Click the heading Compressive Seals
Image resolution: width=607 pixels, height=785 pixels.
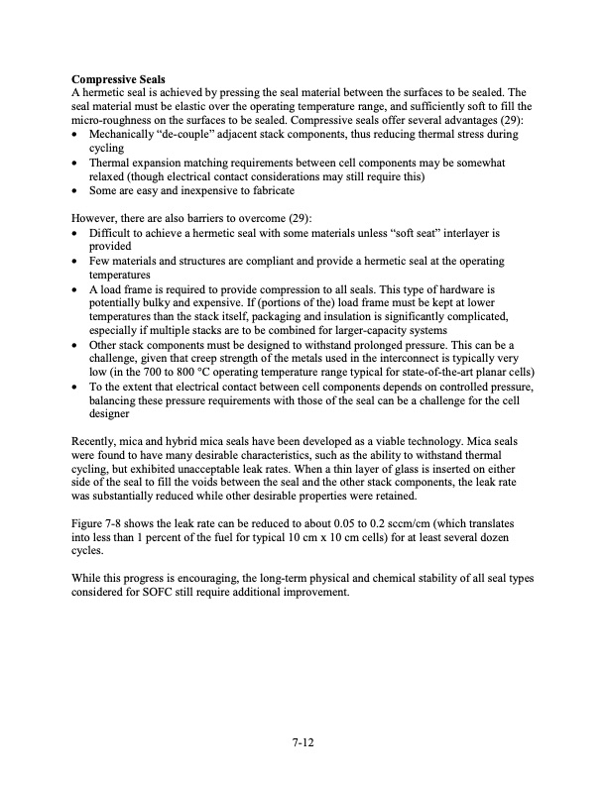[x=119, y=77]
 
